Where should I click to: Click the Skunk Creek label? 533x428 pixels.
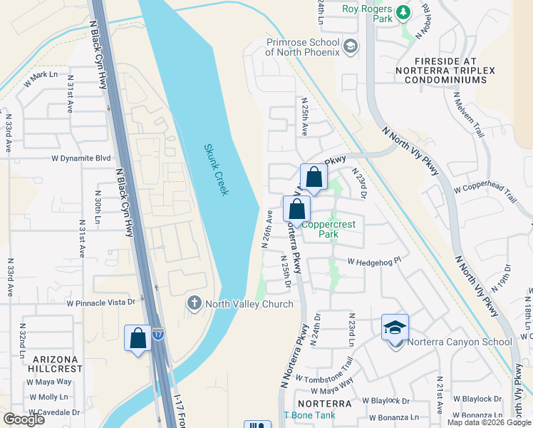[216, 170]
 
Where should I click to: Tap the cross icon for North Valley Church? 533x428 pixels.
[194, 303]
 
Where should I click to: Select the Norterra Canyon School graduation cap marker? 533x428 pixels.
[395, 327]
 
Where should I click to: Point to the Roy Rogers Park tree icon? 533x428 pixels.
[403, 13]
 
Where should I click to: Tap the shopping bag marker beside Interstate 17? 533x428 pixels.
[138, 337]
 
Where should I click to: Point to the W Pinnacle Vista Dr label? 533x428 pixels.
[100, 302]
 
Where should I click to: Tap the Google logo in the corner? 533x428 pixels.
[24, 419]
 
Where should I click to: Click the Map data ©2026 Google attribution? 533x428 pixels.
[489, 422]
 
